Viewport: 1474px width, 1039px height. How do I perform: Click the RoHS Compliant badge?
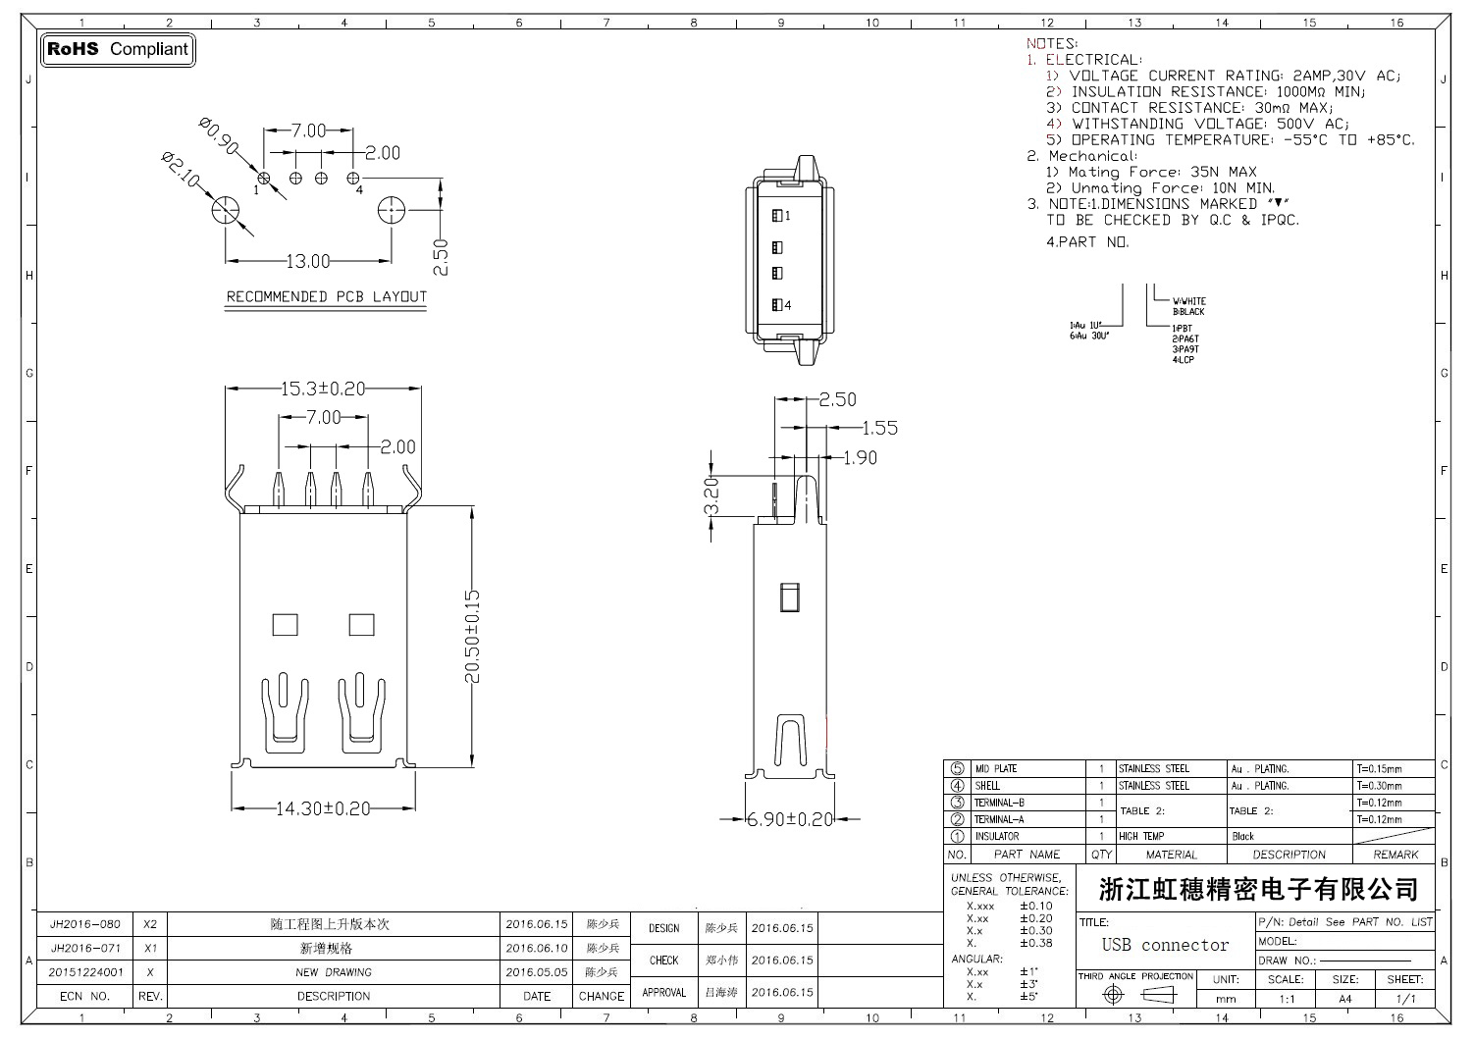pos(118,49)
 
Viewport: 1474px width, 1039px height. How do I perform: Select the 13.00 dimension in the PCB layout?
pos(307,262)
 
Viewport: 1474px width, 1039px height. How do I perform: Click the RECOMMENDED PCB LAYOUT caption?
pos(327,297)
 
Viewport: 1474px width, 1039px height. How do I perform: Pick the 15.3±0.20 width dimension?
pos(323,390)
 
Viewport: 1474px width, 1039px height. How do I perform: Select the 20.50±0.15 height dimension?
pos(472,636)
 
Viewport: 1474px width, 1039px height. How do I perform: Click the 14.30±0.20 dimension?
pos(323,809)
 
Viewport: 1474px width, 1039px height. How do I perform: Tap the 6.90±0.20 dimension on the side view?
pos(790,819)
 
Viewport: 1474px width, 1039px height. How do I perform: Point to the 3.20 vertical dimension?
pos(712,495)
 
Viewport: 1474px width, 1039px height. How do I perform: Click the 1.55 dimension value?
pos(879,428)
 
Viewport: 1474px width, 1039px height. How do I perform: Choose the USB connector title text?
pos(1165,945)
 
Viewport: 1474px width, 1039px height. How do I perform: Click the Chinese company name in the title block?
pos(1258,890)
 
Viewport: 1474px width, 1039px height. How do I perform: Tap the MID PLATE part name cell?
pos(996,769)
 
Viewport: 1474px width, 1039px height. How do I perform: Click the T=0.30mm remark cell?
pos(1380,786)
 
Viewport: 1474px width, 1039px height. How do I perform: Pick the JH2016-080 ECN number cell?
pos(85,924)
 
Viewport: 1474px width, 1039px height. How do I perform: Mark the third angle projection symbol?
pos(1138,995)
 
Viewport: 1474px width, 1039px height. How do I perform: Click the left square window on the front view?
pos(285,624)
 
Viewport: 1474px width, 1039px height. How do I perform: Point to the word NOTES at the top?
pos(1051,43)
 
